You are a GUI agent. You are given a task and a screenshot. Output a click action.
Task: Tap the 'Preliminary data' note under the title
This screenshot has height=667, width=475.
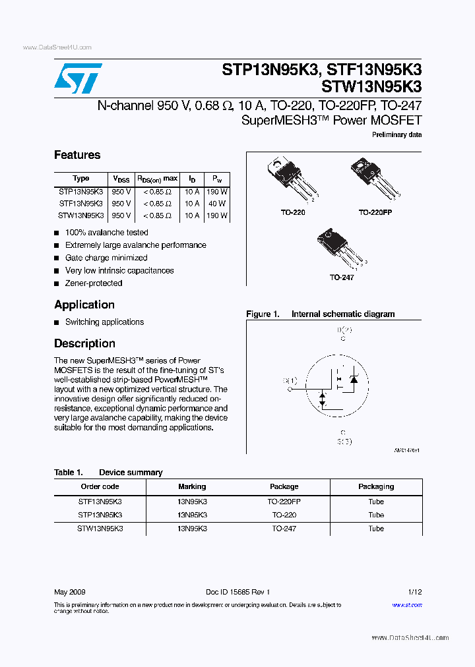coord(397,134)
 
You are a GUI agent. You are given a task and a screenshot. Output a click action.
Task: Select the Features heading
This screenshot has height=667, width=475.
coord(77,155)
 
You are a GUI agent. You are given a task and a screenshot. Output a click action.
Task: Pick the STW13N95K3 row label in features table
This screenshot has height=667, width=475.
coord(80,216)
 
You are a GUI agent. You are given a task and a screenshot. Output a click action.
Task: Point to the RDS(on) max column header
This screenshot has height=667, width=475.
coord(157,179)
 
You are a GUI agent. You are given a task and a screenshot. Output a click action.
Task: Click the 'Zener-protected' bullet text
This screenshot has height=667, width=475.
coord(94,283)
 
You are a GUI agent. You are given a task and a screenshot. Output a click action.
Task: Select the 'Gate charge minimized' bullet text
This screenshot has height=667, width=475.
coord(106,258)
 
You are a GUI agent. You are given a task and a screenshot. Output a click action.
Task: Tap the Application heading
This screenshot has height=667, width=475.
coord(84,304)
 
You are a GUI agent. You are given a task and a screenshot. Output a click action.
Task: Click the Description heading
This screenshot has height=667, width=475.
coord(84,343)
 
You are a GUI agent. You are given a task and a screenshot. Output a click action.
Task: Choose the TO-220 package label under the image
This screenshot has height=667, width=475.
coord(293,213)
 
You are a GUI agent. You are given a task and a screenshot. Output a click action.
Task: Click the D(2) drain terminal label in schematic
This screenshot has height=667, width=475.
coord(344,330)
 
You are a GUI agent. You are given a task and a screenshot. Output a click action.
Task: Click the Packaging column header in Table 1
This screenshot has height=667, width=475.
coord(376,486)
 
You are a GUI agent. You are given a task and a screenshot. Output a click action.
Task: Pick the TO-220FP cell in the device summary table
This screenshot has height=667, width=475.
coord(284,502)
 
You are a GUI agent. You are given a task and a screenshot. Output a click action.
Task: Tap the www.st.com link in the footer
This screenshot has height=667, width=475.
coord(407,604)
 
